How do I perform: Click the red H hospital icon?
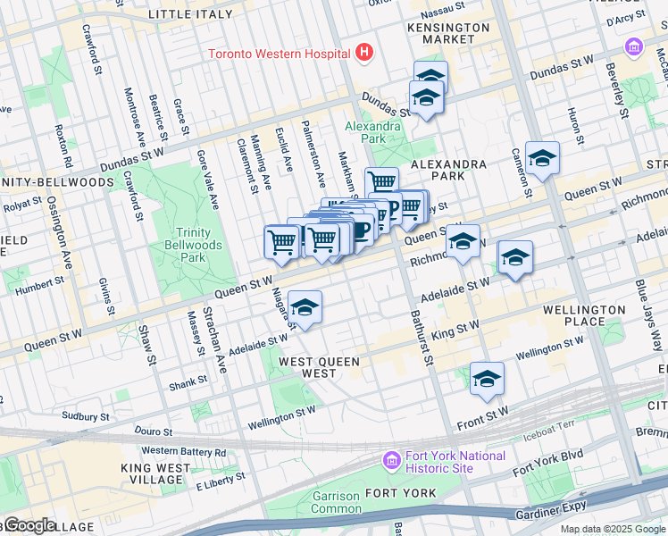pos(363,53)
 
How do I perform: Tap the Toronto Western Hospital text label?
pos(279,54)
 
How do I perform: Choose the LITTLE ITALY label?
pos(190,14)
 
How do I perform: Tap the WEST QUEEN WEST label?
pos(320,362)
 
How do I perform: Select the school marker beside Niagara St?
pos(305,308)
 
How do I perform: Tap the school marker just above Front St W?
pos(487,380)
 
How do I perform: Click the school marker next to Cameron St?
pos(542,159)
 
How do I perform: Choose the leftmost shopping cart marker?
pos(282,241)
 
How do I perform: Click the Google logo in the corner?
pos(29,525)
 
